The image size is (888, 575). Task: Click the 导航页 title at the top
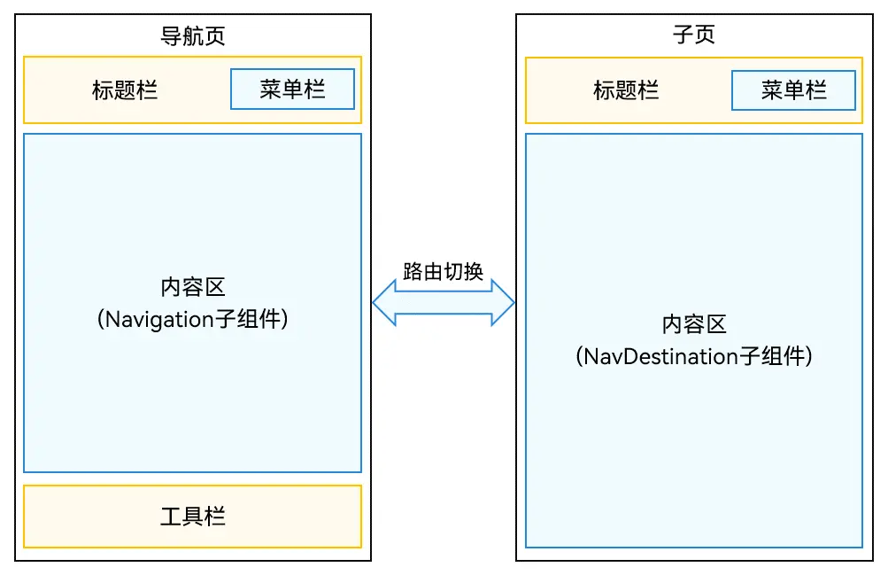coord(192,36)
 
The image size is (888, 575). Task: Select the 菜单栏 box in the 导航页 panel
coord(292,89)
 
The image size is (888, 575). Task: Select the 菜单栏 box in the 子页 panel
coord(793,90)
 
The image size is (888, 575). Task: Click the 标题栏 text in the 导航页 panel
coord(125,90)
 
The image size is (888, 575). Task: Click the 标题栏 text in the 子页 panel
coord(626,90)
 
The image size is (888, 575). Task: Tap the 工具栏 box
coord(192,517)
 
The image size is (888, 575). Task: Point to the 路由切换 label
coord(443,272)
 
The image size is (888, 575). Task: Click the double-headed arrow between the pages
coord(444,303)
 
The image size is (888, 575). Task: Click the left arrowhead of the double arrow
coord(382,303)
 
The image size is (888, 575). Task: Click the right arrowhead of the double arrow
coord(505,303)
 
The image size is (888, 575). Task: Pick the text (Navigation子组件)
coord(192,320)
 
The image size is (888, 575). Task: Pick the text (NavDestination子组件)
coord(693,357)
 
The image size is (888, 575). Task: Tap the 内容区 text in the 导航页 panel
coord(192,288)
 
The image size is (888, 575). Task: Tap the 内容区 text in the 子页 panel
coord(693,325)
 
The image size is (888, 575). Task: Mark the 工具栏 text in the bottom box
coord(192,517)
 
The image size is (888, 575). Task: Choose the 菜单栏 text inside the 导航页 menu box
coord(292,89)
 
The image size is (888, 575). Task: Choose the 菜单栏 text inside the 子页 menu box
coord(793,90)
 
